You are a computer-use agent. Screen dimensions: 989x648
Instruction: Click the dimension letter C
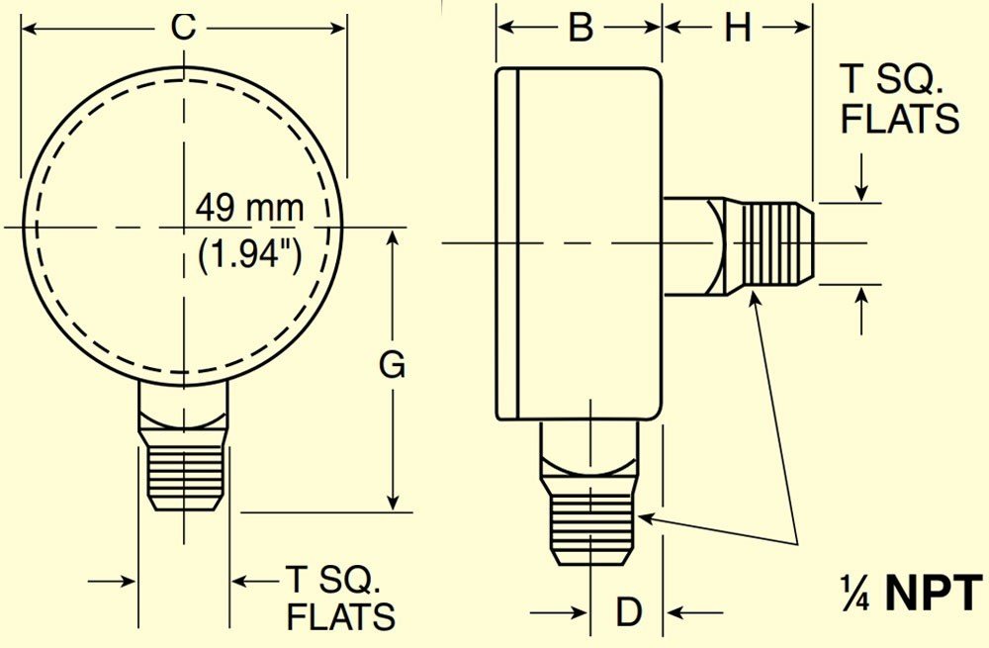(x=184, y=28)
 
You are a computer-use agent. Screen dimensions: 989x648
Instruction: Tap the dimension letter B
(x=581, y=28)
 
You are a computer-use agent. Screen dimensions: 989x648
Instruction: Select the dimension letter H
(x=738, y=28)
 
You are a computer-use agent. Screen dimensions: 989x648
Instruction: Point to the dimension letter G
(x=392, y=365)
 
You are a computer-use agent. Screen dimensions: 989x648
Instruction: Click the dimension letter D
(x=628, y=611)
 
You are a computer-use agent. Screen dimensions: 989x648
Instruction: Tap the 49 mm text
(x=249, y=208)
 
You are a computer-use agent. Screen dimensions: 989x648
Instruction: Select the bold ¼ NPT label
(x=912, y=594)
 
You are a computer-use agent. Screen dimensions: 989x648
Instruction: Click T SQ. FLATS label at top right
(x=900, y=100)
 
